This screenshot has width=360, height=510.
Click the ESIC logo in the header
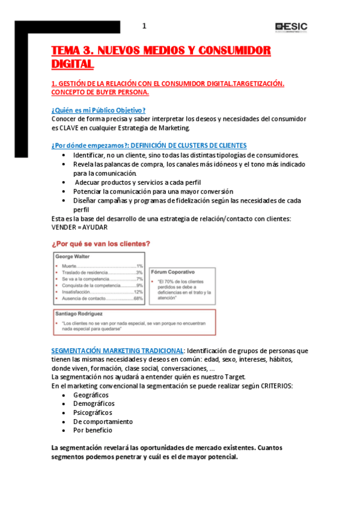291,26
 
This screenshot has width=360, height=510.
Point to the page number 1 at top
144,26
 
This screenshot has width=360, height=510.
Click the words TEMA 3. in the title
72,51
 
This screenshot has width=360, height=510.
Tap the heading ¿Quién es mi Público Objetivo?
99,109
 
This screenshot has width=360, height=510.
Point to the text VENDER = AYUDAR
81,227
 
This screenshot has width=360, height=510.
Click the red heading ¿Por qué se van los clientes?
101,244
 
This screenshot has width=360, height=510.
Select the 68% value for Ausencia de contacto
138,298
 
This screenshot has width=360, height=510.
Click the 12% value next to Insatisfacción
138,292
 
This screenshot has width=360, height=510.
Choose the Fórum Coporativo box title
175,272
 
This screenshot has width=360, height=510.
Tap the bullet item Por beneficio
93,430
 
